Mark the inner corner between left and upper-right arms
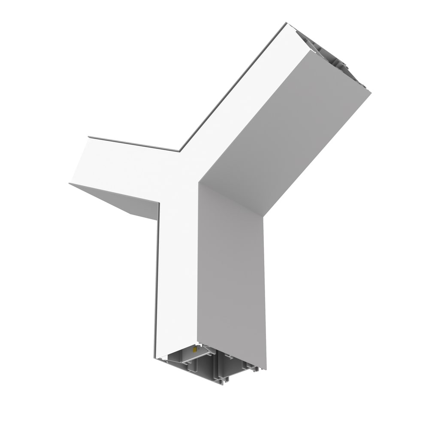[179, 151]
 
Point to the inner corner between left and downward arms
[159, 202]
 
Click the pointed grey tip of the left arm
[69, 184]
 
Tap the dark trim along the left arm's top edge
[133, 143]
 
